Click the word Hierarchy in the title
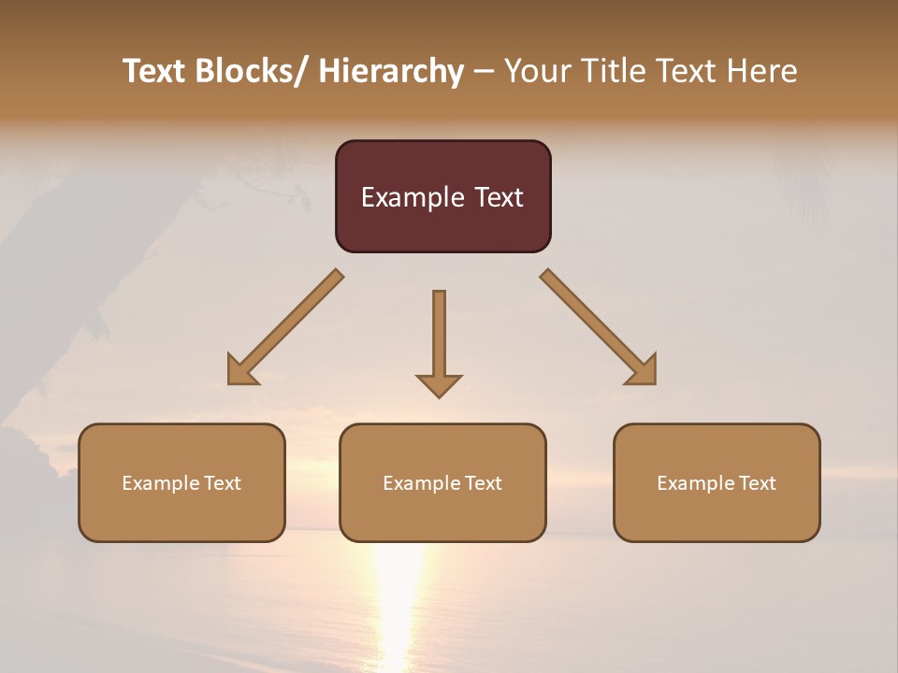point(391,71)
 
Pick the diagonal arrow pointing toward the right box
point(599,327)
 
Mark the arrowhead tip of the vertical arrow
point(439,395)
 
